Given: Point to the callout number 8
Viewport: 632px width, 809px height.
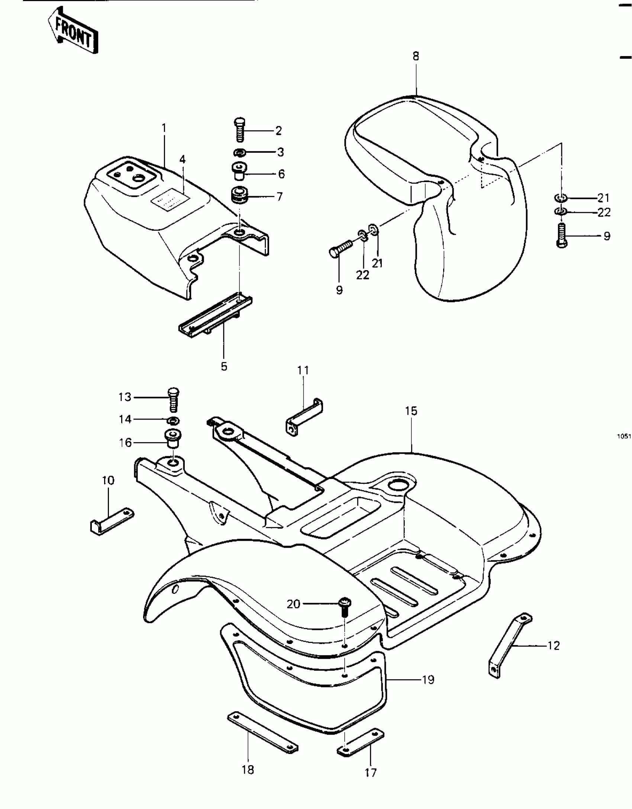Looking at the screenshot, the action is [416, 56].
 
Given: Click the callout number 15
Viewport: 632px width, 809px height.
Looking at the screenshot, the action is [411, 411].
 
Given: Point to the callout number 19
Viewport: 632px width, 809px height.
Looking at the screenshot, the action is [428, 680].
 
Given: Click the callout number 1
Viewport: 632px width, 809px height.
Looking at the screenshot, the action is [164, 129].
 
